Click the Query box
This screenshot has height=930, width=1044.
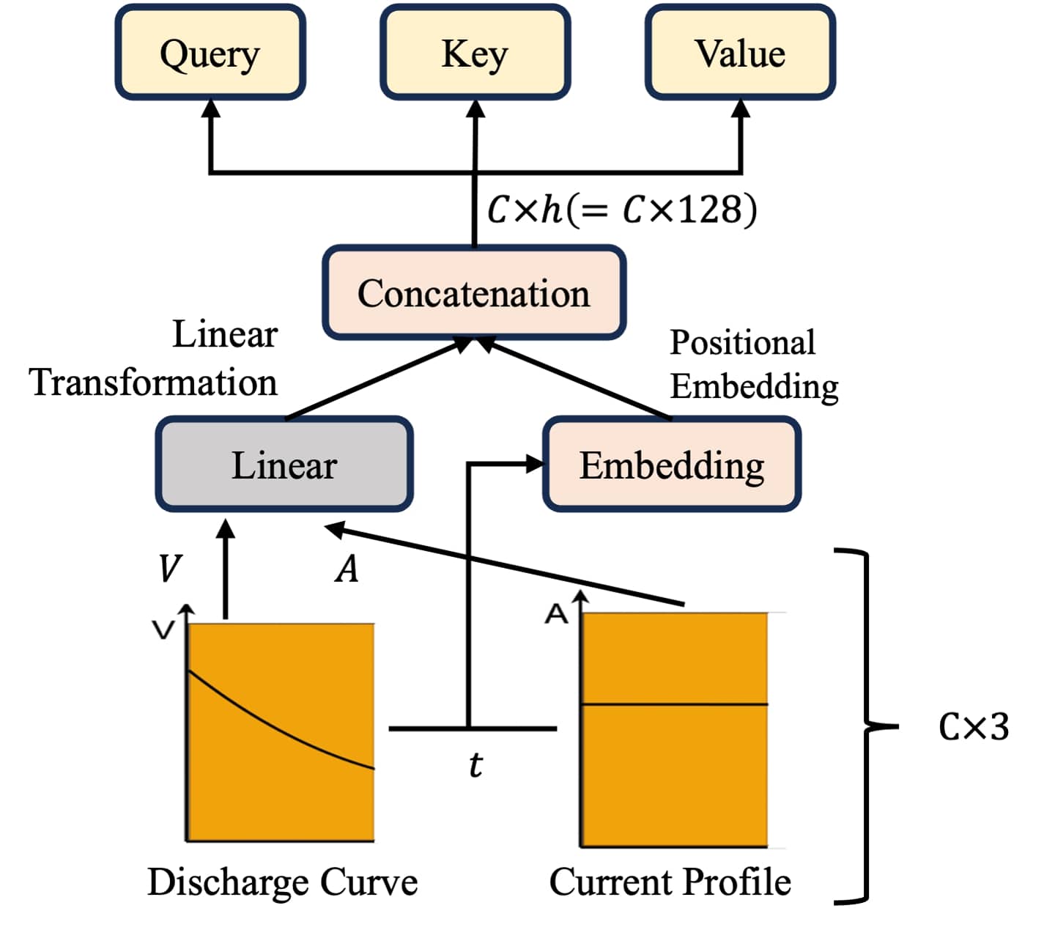pyautogui.click(x=210, y=53)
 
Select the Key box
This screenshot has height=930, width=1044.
pyautogui.click(x=475, y=53)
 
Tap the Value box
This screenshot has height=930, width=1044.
pyautogui.click(x=740, y=53)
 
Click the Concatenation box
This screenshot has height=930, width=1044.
pyautogui.click(x=474, y=292)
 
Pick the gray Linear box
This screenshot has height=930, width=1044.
pyautogui.click(x=284, y=464)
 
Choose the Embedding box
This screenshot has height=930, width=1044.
pyautogui.click(x=671, y=464)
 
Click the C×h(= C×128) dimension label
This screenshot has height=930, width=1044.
pyautogui.click(x=622, y=210)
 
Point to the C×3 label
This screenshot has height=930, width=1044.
pyautogui.click(x=974, y=727)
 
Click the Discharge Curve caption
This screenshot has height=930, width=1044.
pyautogui.click(x=282, y=882)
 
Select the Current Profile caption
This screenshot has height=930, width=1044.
pyautogui.click(x=670, y=882)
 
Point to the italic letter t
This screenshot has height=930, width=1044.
pyautogui.click(x=475, y=764)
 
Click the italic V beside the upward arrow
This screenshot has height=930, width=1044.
pyautogui.click(x=170, y=568)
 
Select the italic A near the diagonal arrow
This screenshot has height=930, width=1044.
pyautogui.click(x=347, y=569)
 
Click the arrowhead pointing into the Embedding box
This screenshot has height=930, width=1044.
pyautogui.click(x=535, y=463)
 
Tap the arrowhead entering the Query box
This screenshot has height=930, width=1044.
pyautogui.click(x=211, y=108)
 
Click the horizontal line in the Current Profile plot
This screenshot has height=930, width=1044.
pyautogui.click(x=674, y=704)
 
